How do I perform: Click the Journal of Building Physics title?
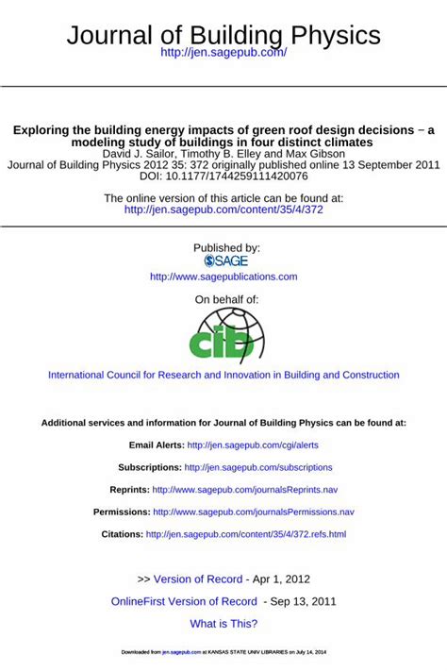223,36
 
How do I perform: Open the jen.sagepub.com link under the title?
223,53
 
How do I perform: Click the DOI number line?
223,176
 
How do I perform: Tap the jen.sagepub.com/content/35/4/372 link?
223,210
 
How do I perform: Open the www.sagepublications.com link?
223,277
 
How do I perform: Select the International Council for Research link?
223,375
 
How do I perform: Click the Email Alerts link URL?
253,445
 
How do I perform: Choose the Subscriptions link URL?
258,467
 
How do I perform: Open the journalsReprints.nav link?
244,490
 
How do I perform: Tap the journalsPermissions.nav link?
254,512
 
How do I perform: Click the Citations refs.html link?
245,534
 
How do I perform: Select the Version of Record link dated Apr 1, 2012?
199,579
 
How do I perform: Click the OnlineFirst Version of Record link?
184,601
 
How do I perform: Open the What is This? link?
223,624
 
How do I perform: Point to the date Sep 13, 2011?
303,601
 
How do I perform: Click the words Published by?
226,247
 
